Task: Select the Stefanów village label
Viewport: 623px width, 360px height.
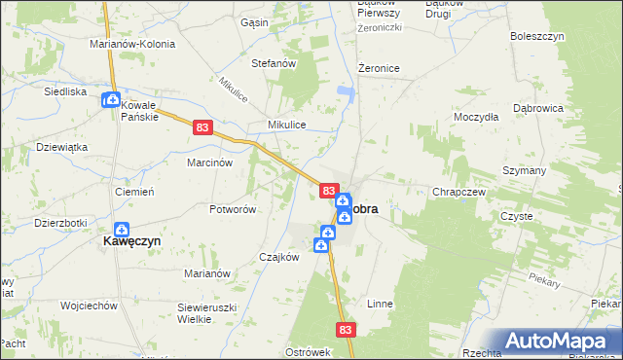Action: click(x=274, y=64)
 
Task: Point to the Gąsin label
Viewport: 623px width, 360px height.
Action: click(x=254, y=21)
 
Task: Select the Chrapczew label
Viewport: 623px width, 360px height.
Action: click(x=458, y=193)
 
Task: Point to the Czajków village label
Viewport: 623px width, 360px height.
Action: click(x=278, y=257)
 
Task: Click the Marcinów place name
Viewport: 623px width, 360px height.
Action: click(x=209, y=163)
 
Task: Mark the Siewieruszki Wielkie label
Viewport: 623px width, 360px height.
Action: click(x=208, y=312)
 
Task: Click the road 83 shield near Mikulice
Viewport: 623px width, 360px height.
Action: click(x=202, y=126)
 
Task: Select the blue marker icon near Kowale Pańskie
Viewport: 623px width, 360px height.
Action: click(x=111, y=99)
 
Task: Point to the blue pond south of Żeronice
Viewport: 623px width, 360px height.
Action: click(x=345, y=93)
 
